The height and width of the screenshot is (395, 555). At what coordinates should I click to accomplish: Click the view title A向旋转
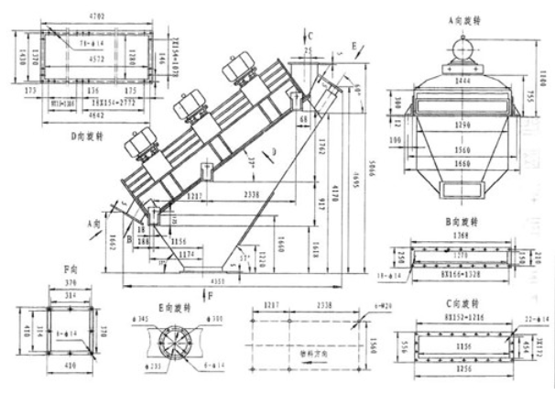pos(464,18)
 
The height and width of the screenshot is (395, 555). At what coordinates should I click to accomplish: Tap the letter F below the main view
pos(211,295)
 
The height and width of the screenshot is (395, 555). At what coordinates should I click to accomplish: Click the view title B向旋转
pos(464,223)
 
